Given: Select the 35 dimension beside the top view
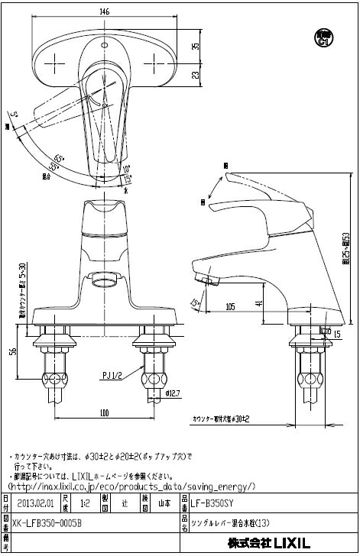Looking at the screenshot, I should [196, 47].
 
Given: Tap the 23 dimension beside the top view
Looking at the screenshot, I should [196, 75].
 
